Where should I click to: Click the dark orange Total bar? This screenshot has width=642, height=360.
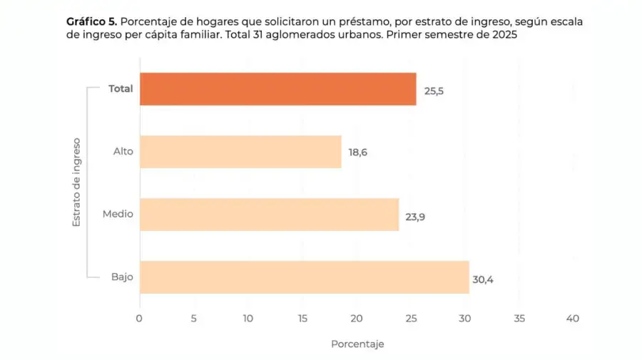[x=277, y=89]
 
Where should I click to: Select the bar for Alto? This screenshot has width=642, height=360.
[x=240, y=152]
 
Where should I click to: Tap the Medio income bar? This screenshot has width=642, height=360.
[x=269, y=215]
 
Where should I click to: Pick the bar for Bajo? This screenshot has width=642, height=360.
[x=304, y=277]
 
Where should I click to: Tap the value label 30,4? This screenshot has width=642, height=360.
[x=482, y=279]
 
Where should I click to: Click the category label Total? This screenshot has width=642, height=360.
[x=121, y=89]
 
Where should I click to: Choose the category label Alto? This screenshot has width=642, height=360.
[x=123, y=152]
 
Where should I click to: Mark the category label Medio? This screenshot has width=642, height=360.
[x=118, y=215]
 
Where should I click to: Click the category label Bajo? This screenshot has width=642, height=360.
[x=122, y=277]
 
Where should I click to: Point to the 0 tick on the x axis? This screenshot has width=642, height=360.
[x=139, y=319]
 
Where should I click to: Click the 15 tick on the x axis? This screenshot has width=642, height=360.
[x=302, y=319]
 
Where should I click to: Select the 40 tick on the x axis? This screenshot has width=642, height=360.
[x=573, y=319]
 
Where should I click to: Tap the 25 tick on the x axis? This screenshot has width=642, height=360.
[x=410, y=319]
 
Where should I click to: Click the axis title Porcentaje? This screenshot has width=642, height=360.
[x=357, y=344]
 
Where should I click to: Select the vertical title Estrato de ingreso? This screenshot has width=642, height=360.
[x=76, y=183]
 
